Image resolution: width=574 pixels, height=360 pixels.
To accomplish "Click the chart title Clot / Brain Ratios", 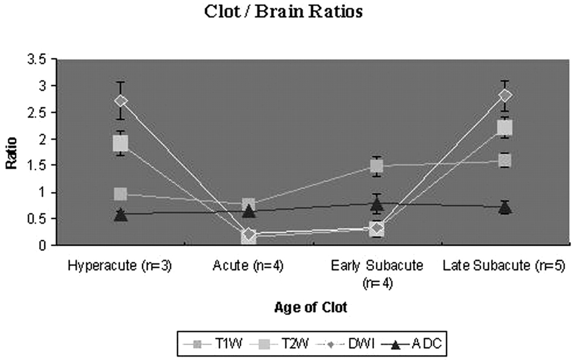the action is pos(283,12).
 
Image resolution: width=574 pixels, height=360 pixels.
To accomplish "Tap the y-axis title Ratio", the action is pos(11,153).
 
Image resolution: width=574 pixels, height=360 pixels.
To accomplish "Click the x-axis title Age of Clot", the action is pos(311,307).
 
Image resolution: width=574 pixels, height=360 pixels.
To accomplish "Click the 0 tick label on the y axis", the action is pos(43,246).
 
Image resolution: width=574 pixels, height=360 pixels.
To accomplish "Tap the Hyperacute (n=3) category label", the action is pos(120,266).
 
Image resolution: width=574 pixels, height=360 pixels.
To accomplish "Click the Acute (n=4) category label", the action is pos(248,266).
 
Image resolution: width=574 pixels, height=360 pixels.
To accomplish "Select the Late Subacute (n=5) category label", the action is pos(504,266).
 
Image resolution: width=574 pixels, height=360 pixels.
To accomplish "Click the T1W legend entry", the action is pos(213,343).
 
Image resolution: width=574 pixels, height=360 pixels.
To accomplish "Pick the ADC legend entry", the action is pos(412,343).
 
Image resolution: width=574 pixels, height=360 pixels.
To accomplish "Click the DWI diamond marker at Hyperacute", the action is pos(121,101).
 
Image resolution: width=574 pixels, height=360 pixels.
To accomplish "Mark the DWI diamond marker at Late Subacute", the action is pos(504,96).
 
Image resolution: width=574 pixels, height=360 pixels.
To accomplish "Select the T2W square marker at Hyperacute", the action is pos(121,143).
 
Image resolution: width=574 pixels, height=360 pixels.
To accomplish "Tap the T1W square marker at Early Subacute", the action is pos(377,166).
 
